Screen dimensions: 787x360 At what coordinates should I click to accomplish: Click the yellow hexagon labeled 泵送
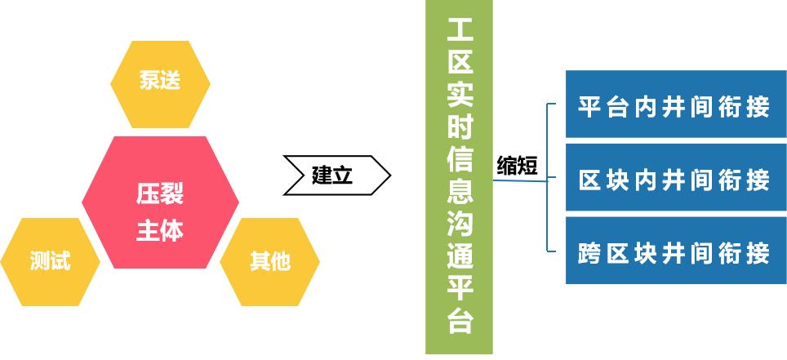[160, 84]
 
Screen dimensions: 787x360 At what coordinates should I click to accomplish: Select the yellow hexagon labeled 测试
[50, 261]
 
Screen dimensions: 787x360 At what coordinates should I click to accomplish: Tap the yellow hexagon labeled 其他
[270, 261]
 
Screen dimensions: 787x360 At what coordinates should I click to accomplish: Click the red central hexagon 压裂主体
[160, 202]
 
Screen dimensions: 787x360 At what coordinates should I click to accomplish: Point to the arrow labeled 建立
[337, 176]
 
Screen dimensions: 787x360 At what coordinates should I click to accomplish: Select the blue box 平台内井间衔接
[676, 104]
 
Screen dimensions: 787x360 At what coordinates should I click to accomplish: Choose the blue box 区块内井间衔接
[676, 177]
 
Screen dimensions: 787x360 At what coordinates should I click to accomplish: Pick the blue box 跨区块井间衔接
[676, 251]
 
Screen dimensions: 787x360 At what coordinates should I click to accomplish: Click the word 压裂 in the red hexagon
[160, 193]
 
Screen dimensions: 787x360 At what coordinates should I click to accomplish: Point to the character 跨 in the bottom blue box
[589, 254]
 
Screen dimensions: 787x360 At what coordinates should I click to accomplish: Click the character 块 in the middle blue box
[617, 180]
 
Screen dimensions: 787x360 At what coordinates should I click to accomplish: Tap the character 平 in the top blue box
[589, 107]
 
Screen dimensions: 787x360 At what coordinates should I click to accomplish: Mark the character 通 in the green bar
[460, 257]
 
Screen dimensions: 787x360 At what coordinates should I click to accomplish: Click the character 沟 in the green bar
[460, 225]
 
